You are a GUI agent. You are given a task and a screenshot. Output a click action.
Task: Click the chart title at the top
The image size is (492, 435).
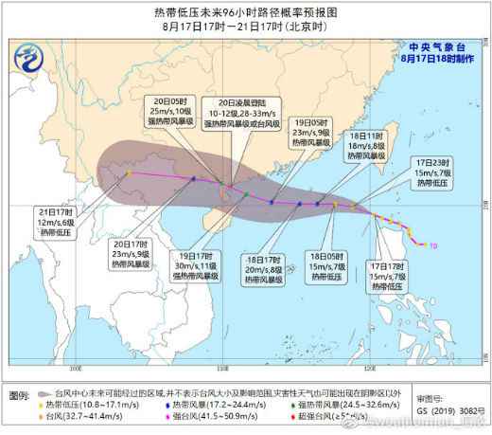[246, 14]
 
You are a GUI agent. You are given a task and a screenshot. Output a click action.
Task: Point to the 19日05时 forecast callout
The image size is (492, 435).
[303, 133]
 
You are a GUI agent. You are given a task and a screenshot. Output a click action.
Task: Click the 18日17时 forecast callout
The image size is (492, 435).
[264, 268]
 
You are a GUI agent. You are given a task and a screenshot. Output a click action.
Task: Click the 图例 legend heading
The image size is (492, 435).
[21, 392]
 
